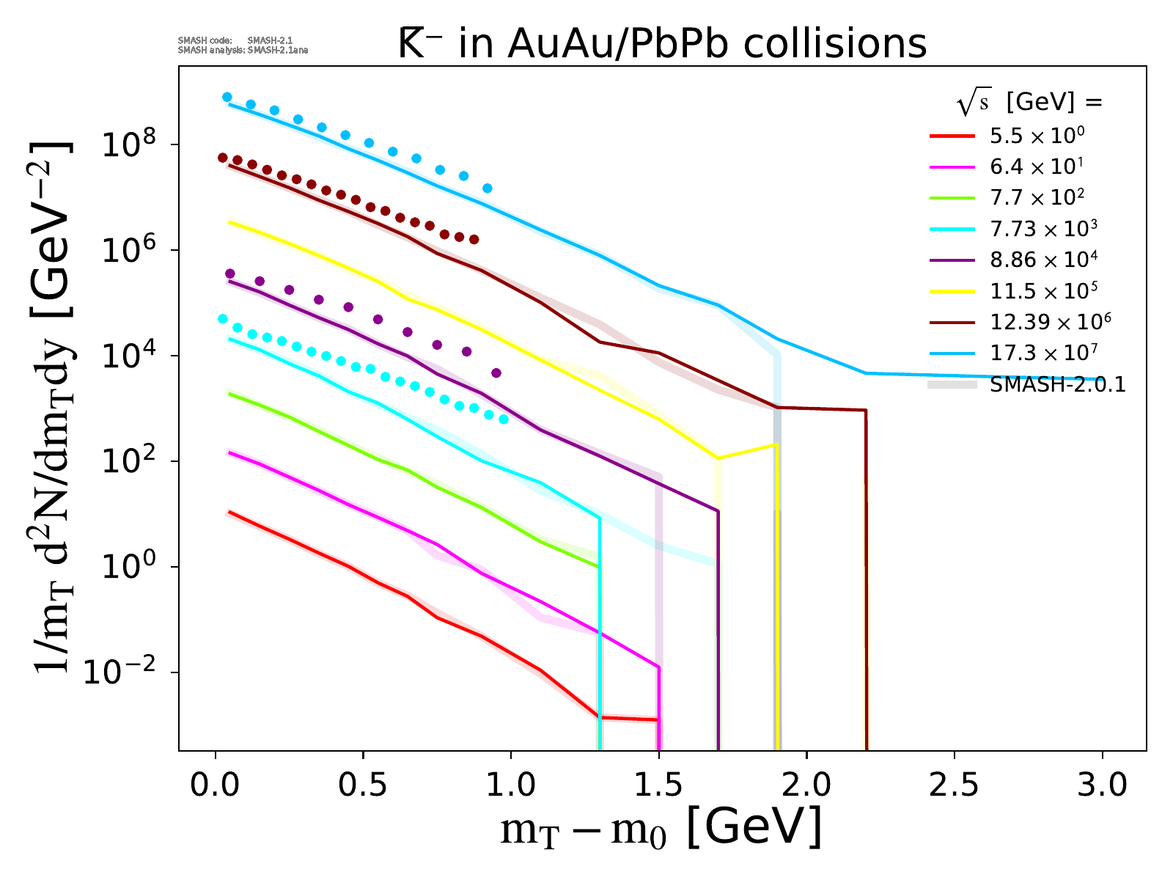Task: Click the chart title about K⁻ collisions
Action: coord(662,44)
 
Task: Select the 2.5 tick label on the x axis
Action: coord(954,785)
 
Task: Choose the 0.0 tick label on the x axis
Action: coord(216,785)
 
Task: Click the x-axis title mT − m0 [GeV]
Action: coord(661,829)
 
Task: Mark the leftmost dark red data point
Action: coord(223,158)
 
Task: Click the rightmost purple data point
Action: coord(496,373)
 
